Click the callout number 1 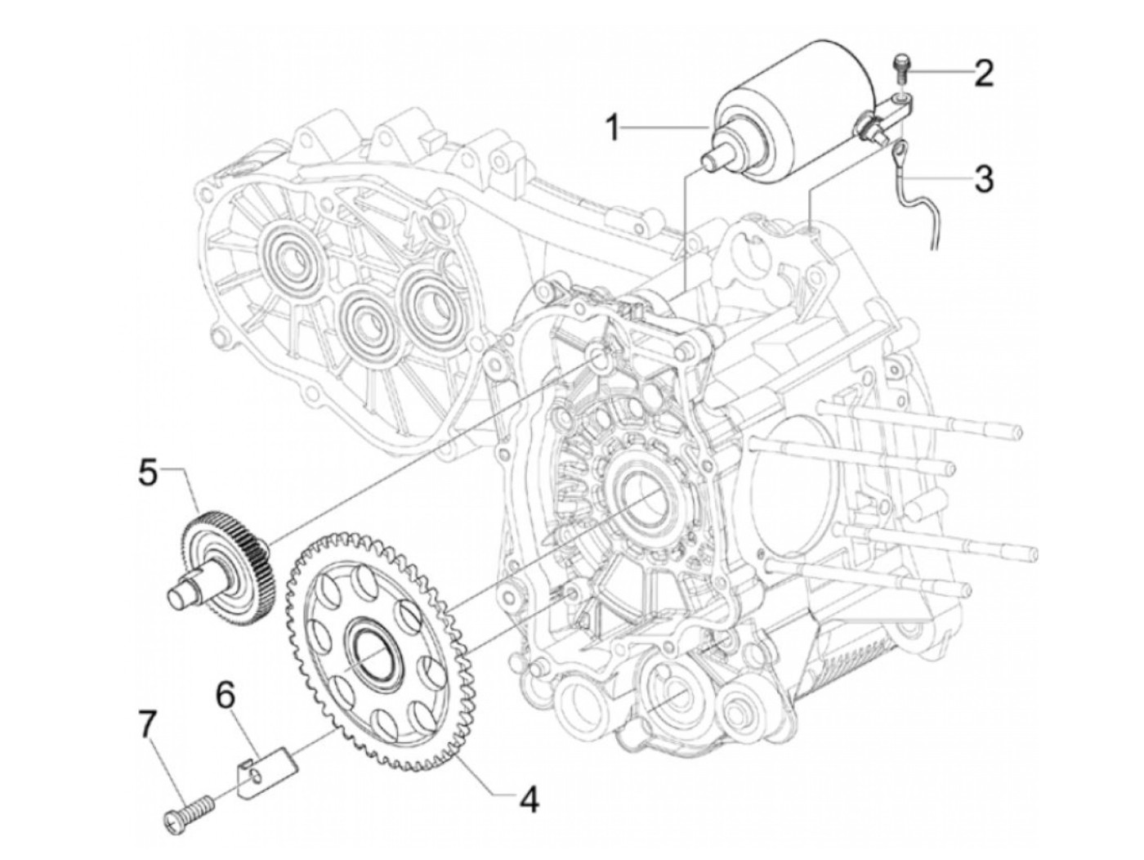[613, 128]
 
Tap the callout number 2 [983, 74]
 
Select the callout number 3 [983, 177]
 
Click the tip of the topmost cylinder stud [1013, 432]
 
